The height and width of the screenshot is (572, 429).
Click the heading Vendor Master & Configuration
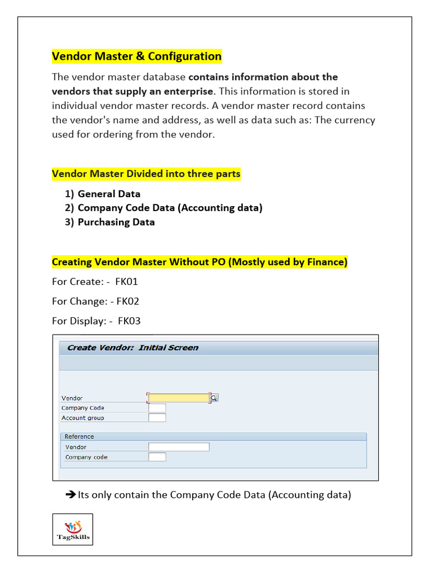(137, 56)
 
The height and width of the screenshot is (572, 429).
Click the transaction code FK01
(126, 282)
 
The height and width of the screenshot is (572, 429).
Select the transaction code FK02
(128, 301)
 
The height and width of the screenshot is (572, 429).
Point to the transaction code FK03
(129, 321)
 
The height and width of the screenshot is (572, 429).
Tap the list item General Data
(109, 194)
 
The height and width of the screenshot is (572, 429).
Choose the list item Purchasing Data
(116, 222)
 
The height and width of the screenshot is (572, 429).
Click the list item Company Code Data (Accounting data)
(170, 208)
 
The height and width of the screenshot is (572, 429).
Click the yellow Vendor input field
(178, 398)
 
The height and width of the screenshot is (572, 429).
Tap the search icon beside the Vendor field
(214, 398)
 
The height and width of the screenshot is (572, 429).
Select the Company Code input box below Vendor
(157, 408)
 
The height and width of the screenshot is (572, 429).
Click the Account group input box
(157, 417)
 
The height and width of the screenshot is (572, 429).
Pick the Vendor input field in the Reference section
(179, 447)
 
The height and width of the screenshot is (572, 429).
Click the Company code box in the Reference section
(157, 457)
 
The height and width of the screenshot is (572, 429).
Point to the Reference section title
(79, 436)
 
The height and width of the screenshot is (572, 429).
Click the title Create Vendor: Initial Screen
(132, 347)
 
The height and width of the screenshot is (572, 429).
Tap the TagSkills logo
(73, 529)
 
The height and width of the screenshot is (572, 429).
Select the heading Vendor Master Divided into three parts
(146, 174)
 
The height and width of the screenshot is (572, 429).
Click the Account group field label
(83, 418)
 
